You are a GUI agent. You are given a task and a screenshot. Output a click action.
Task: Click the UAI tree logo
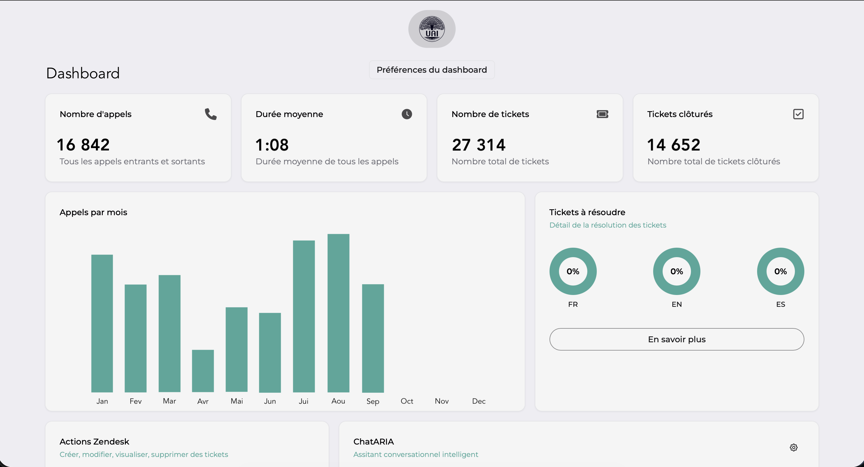(432, 29)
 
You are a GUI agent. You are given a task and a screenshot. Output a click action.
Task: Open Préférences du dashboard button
(432, 70)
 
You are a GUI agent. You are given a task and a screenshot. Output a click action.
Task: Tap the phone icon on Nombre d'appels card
(211, 114)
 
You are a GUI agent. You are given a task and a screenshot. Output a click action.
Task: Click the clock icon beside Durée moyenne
(407, 114)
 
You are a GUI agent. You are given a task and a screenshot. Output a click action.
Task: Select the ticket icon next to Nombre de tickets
(602, 114)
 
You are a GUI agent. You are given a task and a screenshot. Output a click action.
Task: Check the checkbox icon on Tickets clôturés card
(798, 114)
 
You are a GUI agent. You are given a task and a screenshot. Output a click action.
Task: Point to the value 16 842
(83, 145)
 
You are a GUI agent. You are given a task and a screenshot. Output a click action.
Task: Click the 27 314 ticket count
(478, 145)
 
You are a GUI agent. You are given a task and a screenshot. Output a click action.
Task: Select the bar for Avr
(203, 371)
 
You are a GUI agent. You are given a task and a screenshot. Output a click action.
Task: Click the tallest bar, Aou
(338, 313)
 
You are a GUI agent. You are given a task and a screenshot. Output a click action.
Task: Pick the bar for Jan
(102, 323)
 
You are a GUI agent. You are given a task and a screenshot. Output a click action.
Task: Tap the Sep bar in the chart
(373, 338)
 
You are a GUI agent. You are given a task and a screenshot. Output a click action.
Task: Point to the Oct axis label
(407, 401)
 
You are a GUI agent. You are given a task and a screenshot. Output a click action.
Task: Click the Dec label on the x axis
(479, 401)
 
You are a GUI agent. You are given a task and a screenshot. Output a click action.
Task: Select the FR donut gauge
(573, 271)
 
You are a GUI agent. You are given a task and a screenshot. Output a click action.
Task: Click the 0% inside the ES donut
(780, 271)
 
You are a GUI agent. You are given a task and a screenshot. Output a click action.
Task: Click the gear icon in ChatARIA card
(793, 447)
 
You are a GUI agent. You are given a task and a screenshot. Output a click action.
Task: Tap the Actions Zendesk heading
(94, 442)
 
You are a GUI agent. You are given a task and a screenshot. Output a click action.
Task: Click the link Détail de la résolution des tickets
(607, 225)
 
